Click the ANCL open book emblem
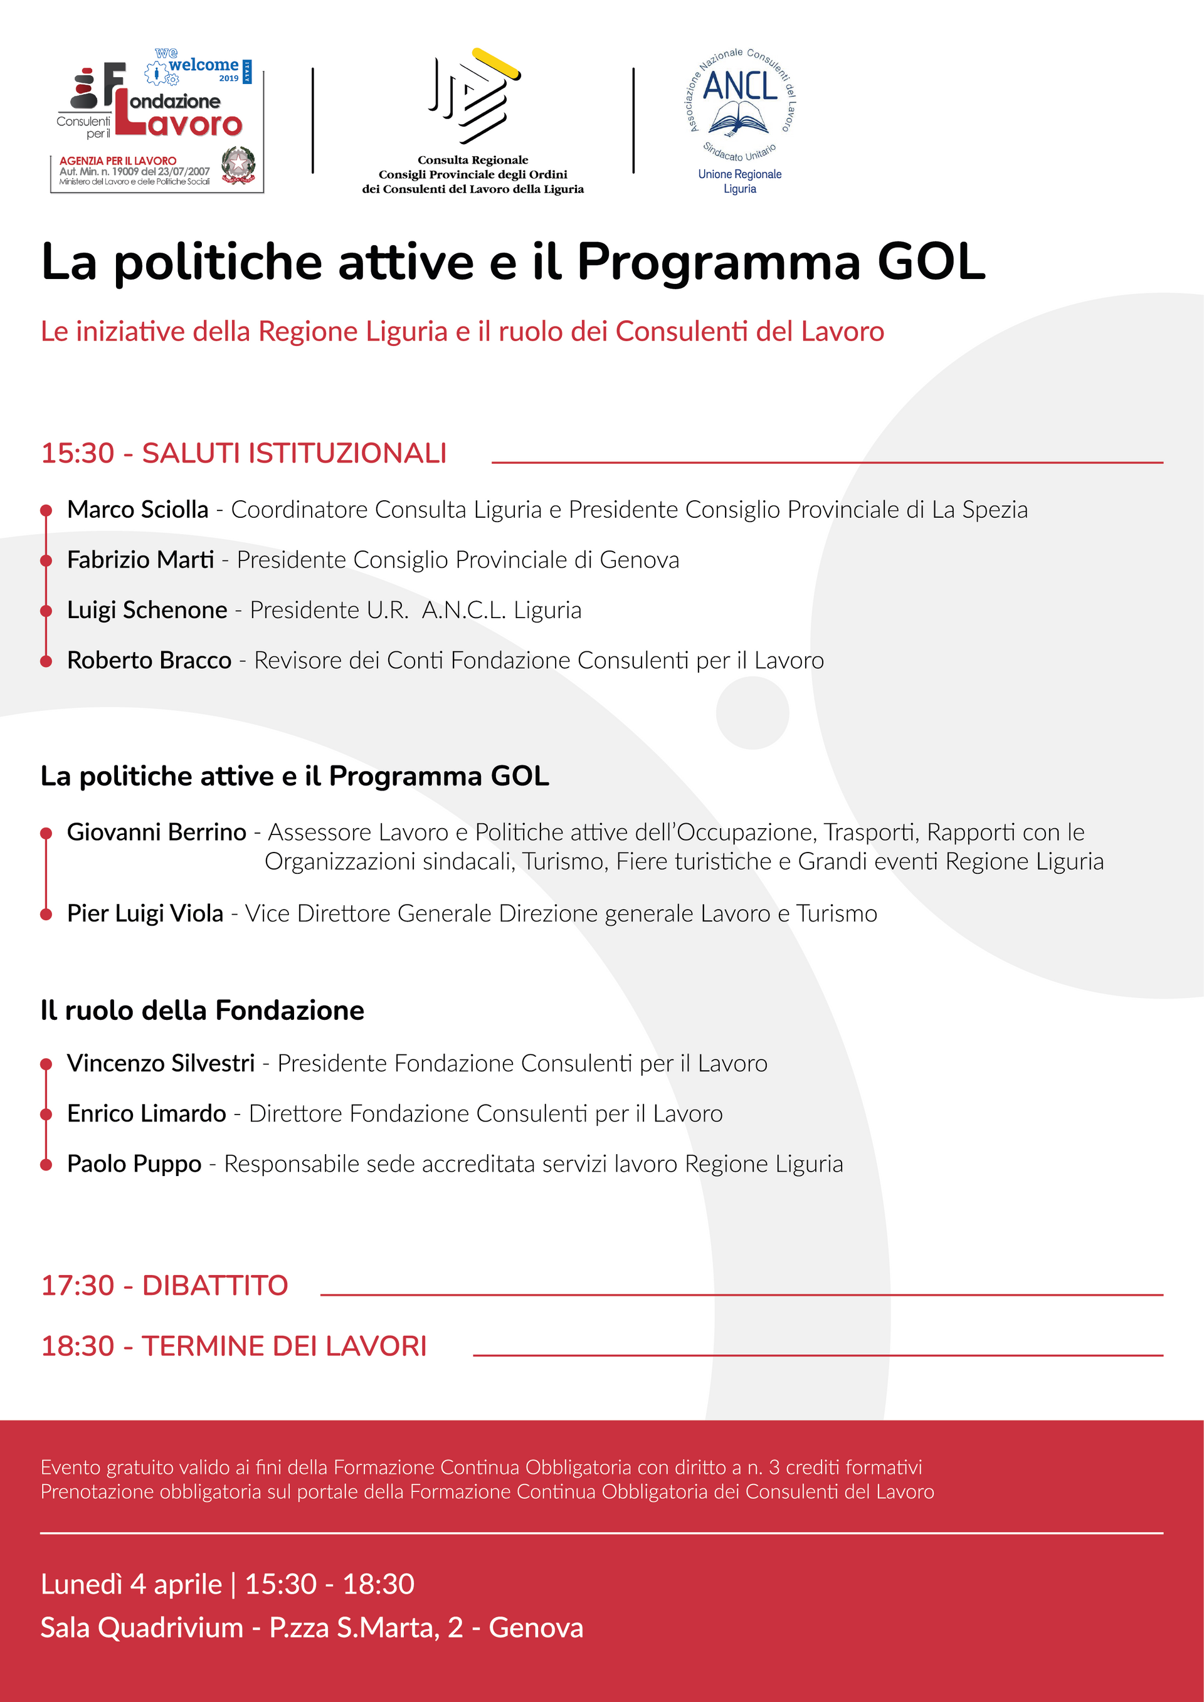point(739,118)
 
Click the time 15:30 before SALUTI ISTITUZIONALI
point(78,453)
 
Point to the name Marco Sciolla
point(138,510)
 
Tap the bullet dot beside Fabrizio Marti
point(46,560)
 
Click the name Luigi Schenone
point(147,610)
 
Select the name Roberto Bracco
point(149,661)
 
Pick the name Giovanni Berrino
point(156,833)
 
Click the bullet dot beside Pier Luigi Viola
point(46,914)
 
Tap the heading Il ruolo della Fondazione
point(203,1011)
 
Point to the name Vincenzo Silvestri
point(161,1063)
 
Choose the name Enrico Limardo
point(146,1113)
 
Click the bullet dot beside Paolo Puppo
point(46,1165)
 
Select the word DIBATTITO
point(215,1285)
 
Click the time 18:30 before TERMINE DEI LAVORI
point(78,1346)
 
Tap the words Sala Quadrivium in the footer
point(142,1628)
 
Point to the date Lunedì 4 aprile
point(131,1584)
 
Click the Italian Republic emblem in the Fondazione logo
point(238,166)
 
